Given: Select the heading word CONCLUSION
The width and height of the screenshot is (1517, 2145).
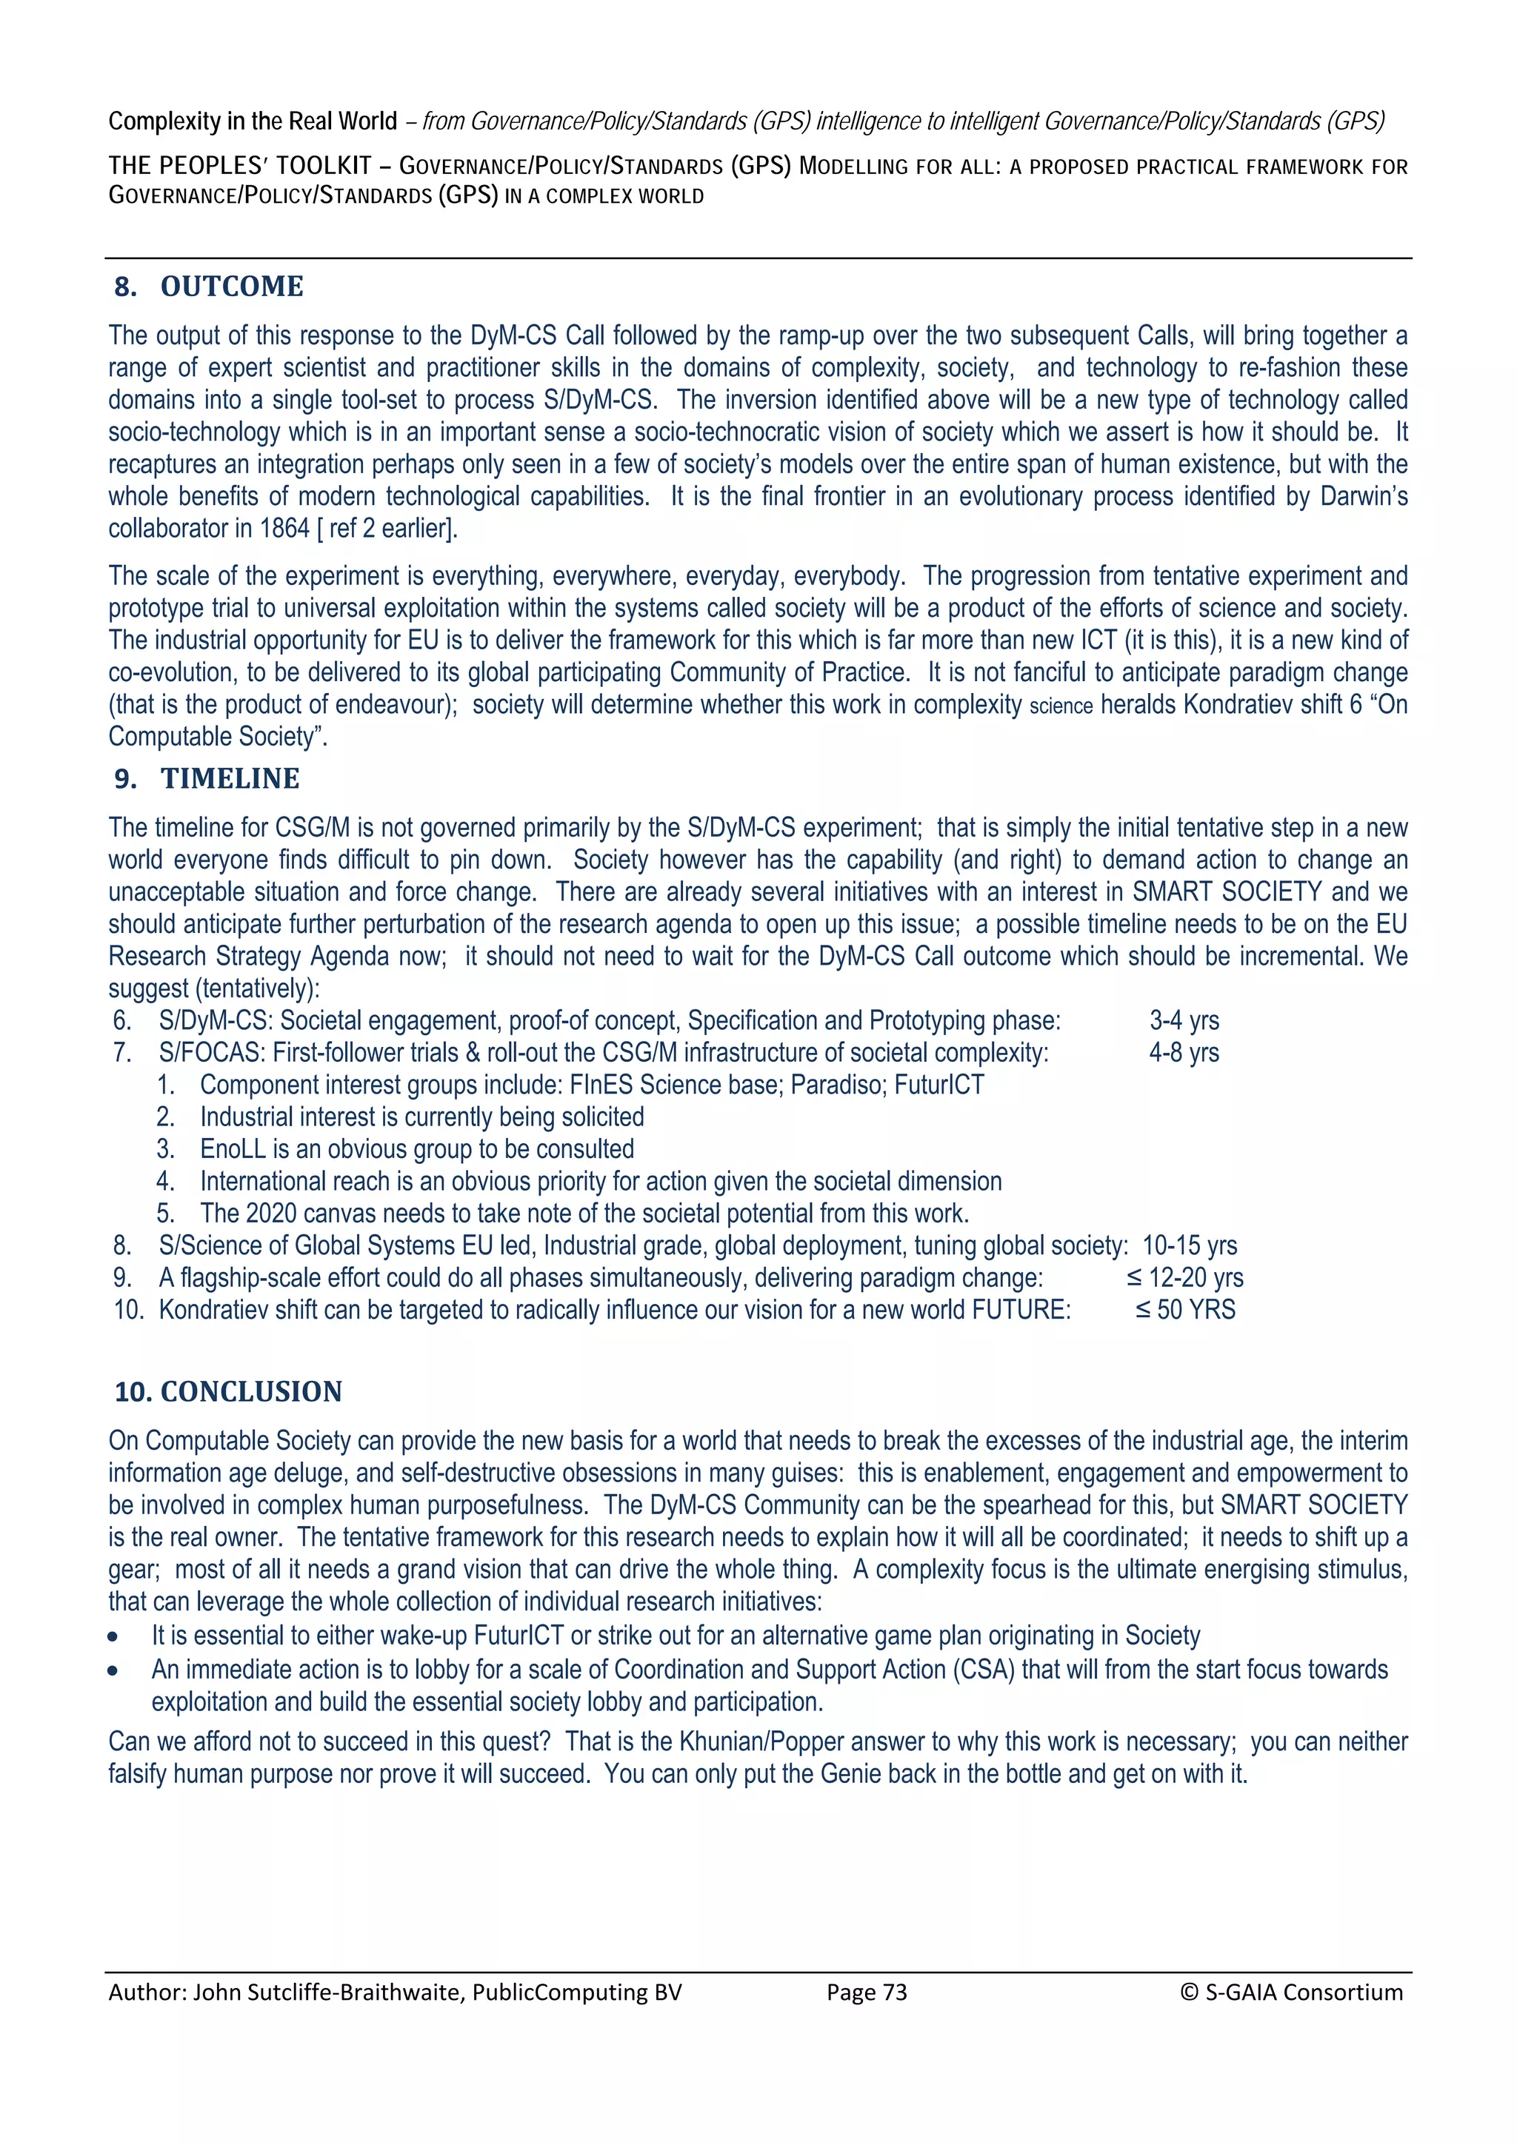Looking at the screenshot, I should point(250,1391).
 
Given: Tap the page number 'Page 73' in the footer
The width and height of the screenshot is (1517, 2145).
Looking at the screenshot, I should point(867,1992).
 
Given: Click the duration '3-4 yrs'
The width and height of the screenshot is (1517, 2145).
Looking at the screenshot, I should point(1184,1020).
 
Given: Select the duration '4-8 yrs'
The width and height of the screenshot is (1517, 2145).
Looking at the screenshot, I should point(1184,1053).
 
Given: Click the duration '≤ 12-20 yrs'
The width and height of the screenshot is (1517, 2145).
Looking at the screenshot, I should point(1184,1278).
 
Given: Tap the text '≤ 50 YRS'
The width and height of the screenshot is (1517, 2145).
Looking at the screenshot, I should point(1185,1310).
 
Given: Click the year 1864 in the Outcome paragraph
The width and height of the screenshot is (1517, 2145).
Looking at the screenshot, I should point(284,529).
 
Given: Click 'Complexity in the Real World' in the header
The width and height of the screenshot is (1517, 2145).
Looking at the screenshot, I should point(253,121).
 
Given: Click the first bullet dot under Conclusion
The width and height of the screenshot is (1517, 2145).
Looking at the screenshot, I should point(113,1638).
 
